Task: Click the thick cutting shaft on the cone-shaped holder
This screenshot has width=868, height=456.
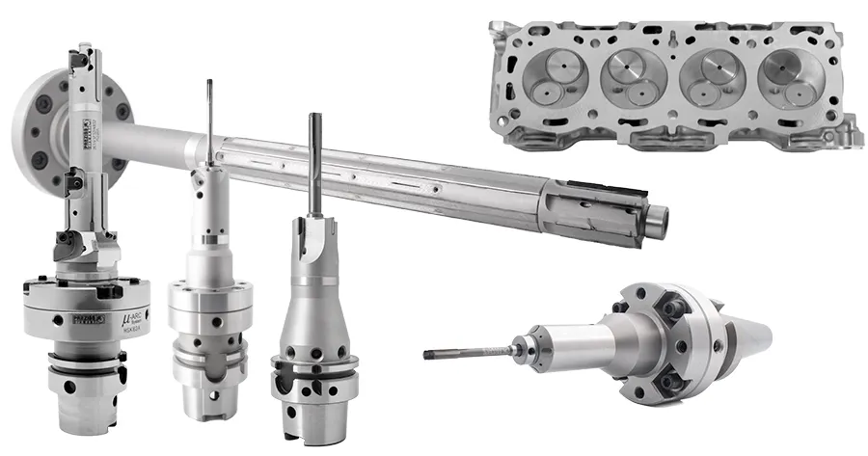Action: (x=314, y=164)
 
